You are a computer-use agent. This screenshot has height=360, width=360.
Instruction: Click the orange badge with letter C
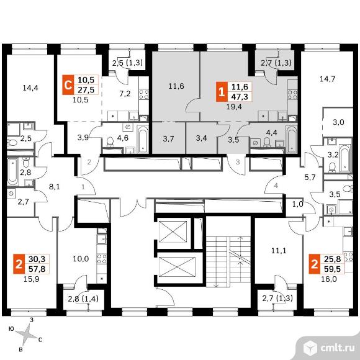click(68, 84)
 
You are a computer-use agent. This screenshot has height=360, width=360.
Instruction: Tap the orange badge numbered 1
click(222, 92)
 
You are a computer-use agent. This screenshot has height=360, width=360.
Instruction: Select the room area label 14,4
click(30, 88)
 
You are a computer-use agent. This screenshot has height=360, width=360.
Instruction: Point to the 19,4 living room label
click(234, 107)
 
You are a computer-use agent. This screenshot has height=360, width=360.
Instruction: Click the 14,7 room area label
click(328, 79)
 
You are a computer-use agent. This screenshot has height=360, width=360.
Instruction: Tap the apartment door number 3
click(238, 162)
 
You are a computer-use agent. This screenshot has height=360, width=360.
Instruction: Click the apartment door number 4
click(276, 186)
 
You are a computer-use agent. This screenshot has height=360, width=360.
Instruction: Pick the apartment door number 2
click(89, 162)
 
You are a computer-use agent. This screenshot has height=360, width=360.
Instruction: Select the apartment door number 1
click(83, 187)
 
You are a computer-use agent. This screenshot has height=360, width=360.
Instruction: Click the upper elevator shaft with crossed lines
click(173, 232)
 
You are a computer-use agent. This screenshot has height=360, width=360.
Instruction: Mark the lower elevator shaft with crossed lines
click(177, 268)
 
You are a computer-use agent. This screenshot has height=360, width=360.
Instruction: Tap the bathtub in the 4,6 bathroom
click(143, 140)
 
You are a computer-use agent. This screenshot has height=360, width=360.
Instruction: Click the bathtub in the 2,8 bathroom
click(12, 172)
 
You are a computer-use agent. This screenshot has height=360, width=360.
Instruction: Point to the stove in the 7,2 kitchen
click(144, 94)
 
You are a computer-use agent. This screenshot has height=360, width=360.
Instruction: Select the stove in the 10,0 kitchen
click(101, 259)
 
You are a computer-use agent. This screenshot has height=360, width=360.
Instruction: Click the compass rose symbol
click(27, 335)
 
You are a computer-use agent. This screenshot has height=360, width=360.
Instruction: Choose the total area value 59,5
click(332, 269)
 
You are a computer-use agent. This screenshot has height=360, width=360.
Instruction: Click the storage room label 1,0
click(298, 204)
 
